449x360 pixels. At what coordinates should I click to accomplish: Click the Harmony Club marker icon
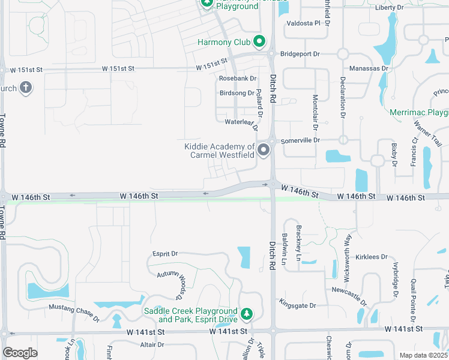[x=259, y=42]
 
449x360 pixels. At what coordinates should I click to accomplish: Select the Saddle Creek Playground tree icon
[x=246, y=314]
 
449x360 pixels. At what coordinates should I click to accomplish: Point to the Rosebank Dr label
[x=237, y=79]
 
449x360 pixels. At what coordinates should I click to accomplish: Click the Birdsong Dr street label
[x=237, y=93]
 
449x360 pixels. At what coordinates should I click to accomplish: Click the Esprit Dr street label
[x=165, y=254]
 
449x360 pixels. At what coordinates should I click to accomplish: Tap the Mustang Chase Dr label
[x=74, y=311]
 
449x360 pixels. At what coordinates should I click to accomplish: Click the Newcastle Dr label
[x=348, y=289]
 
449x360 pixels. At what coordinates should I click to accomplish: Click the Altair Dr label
[x=152, y=344]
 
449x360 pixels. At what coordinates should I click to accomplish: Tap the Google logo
[x=20, y=353]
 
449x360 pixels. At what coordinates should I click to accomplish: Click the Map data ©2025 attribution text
[x=423, y=355]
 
